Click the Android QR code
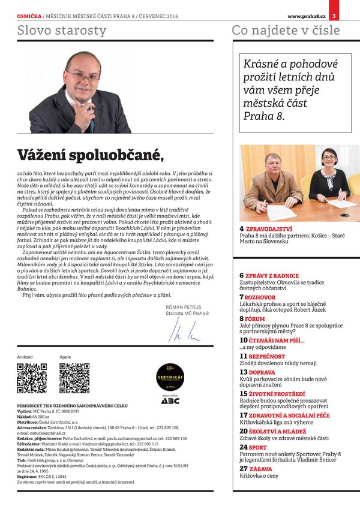[32, 378]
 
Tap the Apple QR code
[74, 378]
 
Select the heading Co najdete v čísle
[286, 30]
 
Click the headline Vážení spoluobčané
[90, 155]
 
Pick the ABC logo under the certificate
[170, 400]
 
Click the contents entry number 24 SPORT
[254, 447]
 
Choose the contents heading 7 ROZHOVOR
[257, 297]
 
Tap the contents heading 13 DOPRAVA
[257, 372]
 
